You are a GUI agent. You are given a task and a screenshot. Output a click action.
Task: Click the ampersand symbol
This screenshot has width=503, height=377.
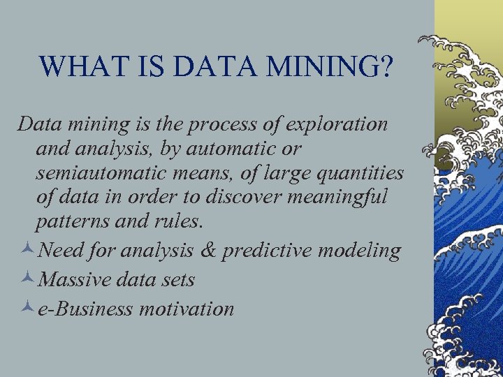tap(208, 251)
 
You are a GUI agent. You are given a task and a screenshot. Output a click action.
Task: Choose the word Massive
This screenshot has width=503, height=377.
tap(74, 279)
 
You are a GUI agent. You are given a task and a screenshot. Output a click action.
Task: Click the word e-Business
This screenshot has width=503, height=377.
tap(85, 308)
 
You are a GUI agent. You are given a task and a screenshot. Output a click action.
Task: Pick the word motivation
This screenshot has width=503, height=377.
tap(186, 308)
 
